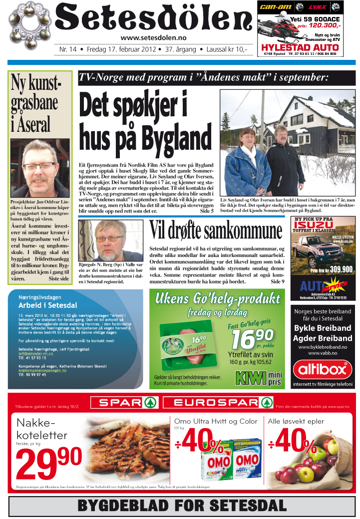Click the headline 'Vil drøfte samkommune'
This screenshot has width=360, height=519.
216,231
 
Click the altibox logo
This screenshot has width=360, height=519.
322,370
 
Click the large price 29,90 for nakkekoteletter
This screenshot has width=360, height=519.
49,464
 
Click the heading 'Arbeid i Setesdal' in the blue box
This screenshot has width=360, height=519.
47,305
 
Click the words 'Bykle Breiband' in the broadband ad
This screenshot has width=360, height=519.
322,328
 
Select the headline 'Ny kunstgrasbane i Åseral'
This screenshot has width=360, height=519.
35,103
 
